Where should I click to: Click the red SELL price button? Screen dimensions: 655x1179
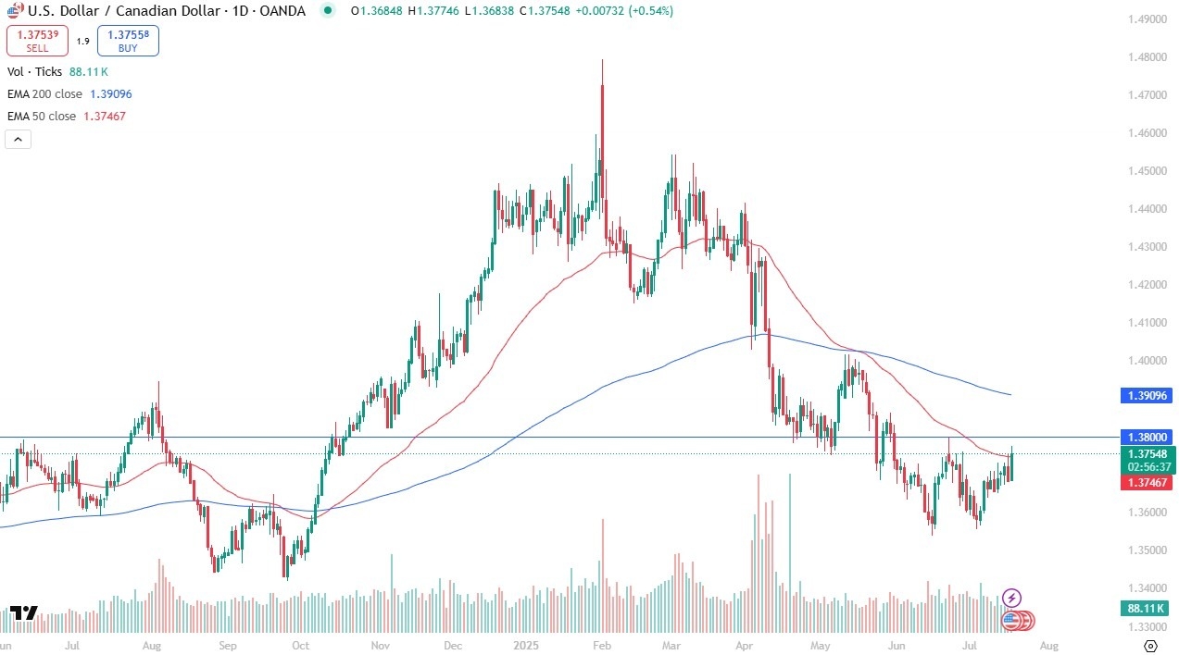click(x=37, y=41)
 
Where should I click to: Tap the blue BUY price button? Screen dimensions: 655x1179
click(x=128, y=41)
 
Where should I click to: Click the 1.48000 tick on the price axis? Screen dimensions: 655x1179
click(x=1147, y=57)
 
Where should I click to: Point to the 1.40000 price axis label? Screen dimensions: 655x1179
click(x=1147, y=361)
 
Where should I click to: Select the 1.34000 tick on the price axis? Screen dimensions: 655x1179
click(x=1147, y=588)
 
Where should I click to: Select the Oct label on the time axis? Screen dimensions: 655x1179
click(x=300, y=645)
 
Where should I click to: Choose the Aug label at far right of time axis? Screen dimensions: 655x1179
click(x=1048, y=645)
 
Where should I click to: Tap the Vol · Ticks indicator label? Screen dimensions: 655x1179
click(x=34, y=71)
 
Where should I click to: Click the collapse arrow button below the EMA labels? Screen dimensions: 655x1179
click(x=19, y=140)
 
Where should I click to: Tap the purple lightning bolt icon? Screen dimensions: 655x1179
click(x=1012, y=598)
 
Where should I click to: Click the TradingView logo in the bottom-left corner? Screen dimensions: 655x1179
click(x=24, y=612)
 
